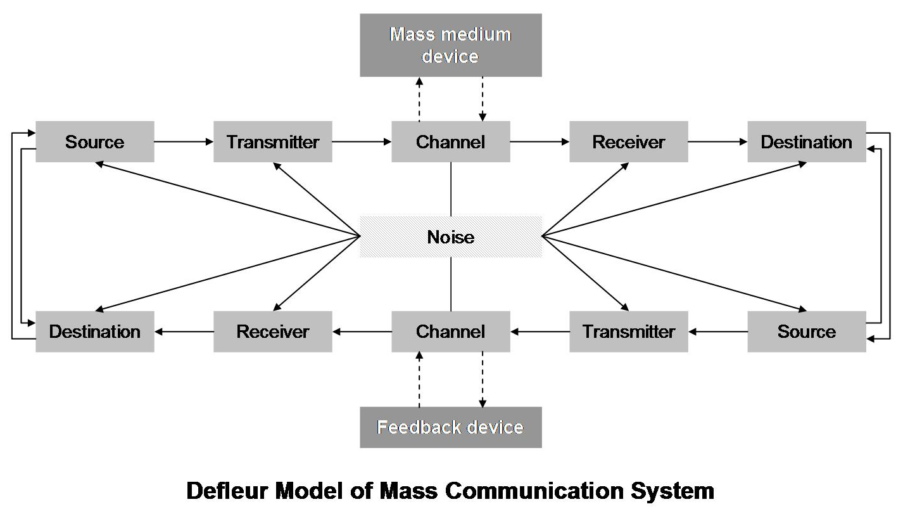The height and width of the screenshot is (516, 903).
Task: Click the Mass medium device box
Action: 450,45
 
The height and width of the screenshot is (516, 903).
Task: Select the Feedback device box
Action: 450,427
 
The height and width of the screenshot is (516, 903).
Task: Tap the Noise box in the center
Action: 450,237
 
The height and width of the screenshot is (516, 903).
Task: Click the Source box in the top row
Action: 94,142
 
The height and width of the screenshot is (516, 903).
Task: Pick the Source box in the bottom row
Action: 806,332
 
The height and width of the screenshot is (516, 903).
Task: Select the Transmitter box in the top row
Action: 272,142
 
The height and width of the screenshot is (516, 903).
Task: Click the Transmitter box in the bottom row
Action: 628,332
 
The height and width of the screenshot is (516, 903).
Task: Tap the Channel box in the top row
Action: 450,142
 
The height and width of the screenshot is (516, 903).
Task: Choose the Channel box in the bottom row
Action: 450,332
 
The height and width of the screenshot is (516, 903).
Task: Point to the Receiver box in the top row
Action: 628,142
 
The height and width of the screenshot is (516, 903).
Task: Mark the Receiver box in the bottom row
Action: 272,332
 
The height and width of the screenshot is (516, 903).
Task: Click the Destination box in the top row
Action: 806,142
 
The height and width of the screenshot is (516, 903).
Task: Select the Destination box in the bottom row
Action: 94,332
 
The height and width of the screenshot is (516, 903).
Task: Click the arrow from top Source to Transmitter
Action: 184,142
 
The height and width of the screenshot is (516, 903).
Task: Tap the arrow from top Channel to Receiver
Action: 540,142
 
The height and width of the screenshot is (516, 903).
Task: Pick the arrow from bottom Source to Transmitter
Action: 717,332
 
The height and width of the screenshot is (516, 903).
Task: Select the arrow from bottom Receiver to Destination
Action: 184,332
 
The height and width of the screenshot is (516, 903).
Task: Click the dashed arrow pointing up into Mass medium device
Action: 419,99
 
